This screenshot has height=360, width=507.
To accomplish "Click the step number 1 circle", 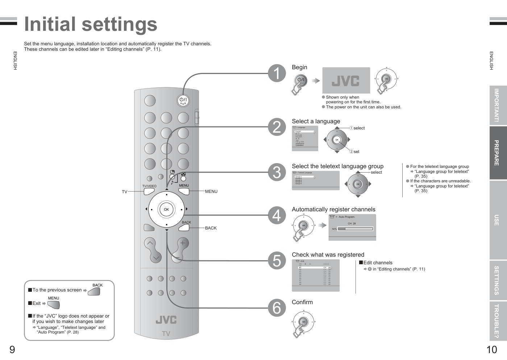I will [277, 73].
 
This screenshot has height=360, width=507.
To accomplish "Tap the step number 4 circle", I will [277, 215].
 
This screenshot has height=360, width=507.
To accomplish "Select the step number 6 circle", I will [277, 308].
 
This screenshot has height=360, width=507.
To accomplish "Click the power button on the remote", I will [183, 100].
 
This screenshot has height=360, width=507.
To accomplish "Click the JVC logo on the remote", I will [166, 320].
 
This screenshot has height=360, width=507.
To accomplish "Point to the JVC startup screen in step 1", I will [346, 80].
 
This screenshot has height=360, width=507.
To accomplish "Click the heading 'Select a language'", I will [316, 121].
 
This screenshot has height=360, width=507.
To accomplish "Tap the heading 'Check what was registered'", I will [328, 255].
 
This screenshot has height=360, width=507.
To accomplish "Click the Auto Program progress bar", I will [355, 229].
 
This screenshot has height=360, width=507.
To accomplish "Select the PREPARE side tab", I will [497, 153].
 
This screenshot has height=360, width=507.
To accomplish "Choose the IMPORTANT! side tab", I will [497, 105].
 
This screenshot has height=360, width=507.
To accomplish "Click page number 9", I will [12, 350].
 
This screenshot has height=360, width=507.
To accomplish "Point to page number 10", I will [492, 350].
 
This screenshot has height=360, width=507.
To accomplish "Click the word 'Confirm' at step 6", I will [302, 302].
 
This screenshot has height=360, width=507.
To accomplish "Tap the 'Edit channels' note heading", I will [378, 263].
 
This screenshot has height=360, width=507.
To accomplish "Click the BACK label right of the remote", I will [211, 228].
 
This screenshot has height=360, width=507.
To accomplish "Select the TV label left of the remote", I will [125, 192].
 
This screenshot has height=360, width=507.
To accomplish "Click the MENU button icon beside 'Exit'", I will [54, 305].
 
